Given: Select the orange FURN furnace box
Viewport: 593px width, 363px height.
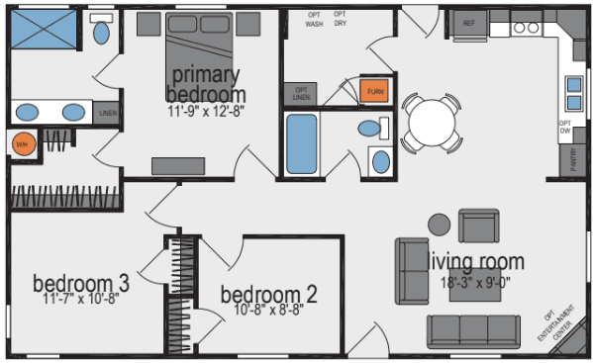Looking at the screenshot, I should [374, 91].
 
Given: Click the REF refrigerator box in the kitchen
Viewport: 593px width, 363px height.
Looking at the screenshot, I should [469, 22].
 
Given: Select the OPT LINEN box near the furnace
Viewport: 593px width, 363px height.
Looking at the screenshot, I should [301, 94].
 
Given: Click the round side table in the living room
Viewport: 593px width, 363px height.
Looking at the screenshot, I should [437, 225].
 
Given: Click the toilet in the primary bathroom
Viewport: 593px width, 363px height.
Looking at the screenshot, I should [101, 32].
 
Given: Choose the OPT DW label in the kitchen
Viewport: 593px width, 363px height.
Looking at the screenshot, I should [566, 128].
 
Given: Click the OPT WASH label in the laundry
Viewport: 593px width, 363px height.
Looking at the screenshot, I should [315, 18].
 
